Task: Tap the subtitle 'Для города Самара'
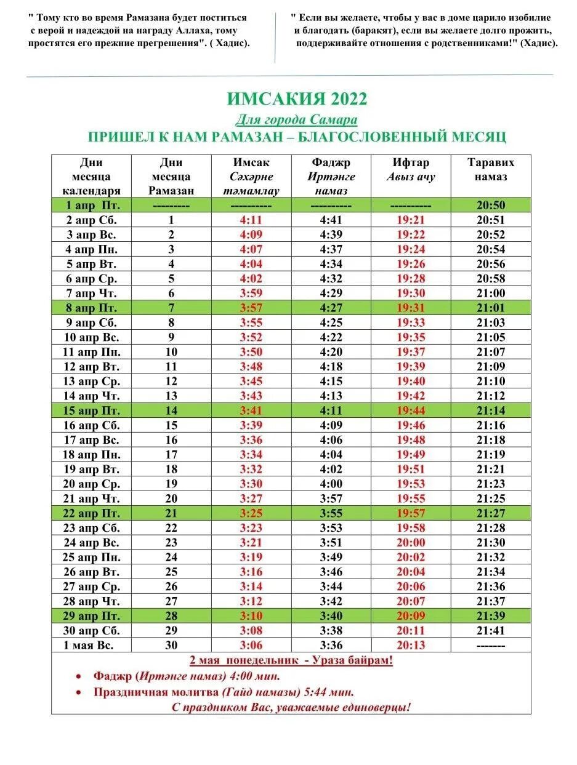coord(296,119)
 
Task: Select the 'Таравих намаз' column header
coord(490,169)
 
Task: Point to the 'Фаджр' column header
coord(331,162)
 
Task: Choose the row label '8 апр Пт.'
coord(91,308)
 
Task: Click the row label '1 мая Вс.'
coord(91,645)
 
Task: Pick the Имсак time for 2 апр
coord(251,220)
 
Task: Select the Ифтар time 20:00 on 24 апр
coord(411,542)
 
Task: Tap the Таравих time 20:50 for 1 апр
coord(490,206)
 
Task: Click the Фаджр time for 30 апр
coord(331,630)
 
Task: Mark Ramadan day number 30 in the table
coord(171,645)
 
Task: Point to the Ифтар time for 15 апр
coord(411,411)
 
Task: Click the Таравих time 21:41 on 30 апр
coord(490,630)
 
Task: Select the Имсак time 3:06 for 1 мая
coord(251,645)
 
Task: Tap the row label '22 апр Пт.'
coord(91,513)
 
